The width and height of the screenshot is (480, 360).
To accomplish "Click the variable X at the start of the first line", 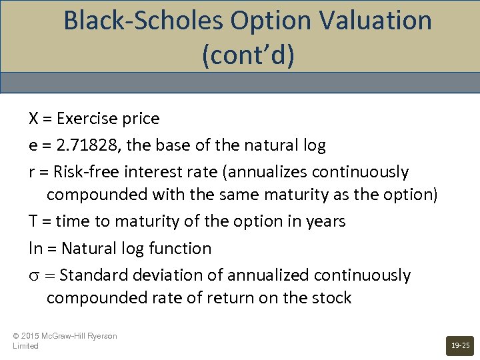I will click(33, 119).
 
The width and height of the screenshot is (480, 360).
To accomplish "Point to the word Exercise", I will click(84, 119).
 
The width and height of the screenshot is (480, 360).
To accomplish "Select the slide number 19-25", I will click(460, 345).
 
